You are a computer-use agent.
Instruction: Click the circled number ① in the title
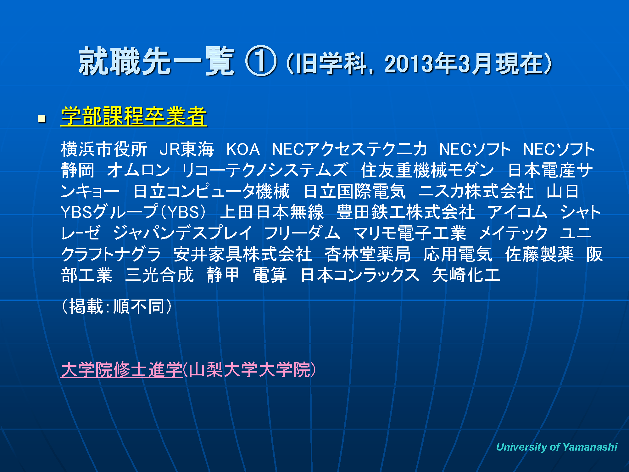(x=261, y=61)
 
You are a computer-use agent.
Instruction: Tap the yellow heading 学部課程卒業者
(x=134, y=116)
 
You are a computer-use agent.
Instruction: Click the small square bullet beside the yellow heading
(x=42, y=119)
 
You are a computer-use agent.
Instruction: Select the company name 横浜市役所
(x=104, y=149)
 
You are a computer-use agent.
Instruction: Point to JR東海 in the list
(x=187, y=149)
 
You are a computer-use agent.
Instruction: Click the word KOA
(x=243, y=149)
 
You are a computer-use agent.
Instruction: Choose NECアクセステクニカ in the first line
(x=349, y=149)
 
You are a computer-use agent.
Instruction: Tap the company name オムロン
(x=138, y=170)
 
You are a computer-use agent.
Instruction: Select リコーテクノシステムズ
(x=265, y=170)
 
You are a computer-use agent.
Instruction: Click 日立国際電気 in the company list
(x=355, y=191)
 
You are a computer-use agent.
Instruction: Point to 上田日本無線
(x=272, y=212)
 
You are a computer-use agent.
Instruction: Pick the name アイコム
(x=517, y=212)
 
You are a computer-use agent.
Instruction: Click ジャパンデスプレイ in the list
(x=182, y=233)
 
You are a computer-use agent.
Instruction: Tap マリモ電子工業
(x=409, y=233)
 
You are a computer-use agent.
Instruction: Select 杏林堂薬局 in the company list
(x=368, y=254)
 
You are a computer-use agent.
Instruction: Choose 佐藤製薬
(x=539, y=254)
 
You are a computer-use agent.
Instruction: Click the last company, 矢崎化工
(x=466, y=275)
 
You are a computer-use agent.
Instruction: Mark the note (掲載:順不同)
(x=117, y=306)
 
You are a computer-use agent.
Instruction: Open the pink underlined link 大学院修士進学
(x=122, y=370)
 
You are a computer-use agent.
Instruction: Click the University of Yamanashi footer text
(x=557, y=447)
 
